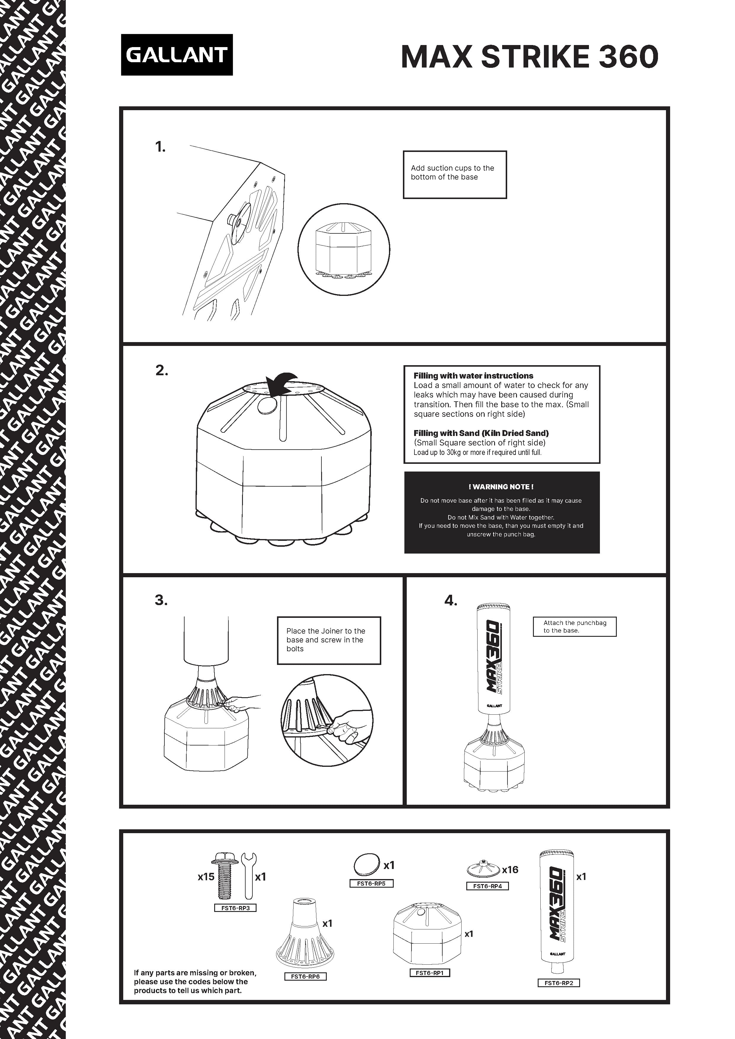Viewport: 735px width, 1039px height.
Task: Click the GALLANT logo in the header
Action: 177,55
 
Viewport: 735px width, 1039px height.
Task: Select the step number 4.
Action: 450,600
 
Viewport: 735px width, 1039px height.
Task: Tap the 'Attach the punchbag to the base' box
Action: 574,626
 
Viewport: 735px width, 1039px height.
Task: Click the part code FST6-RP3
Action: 235,908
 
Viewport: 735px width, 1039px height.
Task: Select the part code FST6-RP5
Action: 371,883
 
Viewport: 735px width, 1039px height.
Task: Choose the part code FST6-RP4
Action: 487,886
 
